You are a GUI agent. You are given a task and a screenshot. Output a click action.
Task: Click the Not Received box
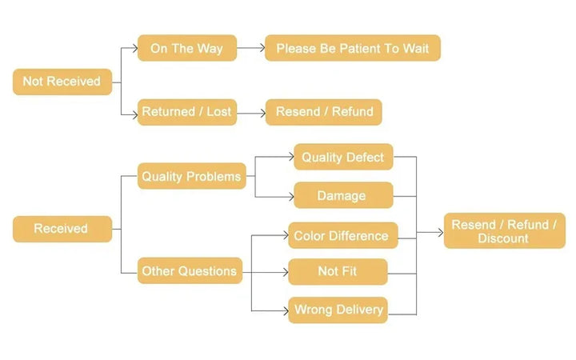point(62,82)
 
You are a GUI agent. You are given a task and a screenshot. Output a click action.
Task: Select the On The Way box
point(186,49)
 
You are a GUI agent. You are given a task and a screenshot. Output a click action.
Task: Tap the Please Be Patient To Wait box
point(352,49)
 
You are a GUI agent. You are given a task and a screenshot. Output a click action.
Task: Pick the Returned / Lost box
point(186,113)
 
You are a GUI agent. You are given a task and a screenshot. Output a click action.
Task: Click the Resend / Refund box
point(324,113)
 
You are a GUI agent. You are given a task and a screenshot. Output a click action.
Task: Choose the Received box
point(61,229)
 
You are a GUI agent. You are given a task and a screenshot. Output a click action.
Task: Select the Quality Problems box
point(190,176)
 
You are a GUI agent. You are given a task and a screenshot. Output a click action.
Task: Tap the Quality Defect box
point(342,158)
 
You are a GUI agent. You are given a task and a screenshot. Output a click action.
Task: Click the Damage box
point(342,195)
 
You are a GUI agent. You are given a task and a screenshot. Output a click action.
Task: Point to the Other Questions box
point(190,271)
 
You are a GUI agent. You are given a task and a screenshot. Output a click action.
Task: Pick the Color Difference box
point(341,236)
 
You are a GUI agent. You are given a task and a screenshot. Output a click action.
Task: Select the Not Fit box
point(337,271)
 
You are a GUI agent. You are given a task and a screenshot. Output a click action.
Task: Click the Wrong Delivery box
point(338,310)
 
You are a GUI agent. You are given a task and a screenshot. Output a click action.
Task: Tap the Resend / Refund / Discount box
point(503,231)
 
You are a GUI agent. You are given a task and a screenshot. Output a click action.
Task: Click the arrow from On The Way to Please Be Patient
point(250,49)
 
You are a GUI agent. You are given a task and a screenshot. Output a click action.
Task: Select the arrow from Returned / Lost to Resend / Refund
point(250,113)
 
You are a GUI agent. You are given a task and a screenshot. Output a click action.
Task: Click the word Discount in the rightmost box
point(503,238)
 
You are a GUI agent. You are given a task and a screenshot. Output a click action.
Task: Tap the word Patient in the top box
point(358,49)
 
